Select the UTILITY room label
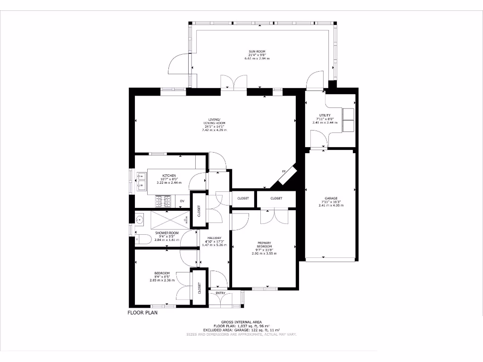pos(325,115)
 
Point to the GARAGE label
pos(331,198)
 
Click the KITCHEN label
pos(169,176)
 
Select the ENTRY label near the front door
pos(220,293)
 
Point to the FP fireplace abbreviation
pos(284,171)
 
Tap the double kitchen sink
pos(141,181)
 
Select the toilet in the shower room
pos(143,239)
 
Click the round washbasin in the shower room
pos(140,220)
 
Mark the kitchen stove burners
pos(163,202)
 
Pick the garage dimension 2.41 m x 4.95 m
pos(331,206)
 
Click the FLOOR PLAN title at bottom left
pos(142,312)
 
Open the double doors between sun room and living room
pos(234,82)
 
